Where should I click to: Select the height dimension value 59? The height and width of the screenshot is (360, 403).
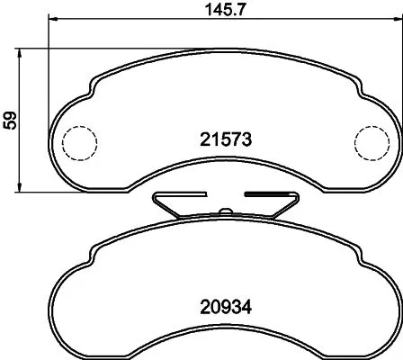[9, 120]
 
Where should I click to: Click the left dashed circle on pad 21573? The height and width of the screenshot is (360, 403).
[78, 141]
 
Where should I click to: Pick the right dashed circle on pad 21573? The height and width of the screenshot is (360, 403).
[371, 141]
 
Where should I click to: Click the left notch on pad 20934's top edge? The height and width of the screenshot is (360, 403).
[93, 249]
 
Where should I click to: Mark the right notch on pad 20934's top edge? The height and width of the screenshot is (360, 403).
[357, 249]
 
